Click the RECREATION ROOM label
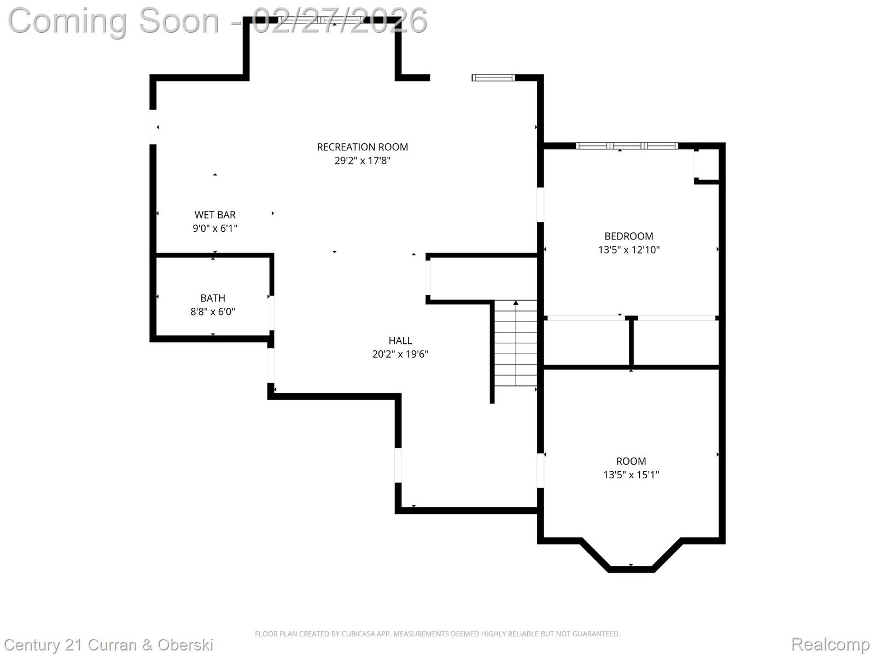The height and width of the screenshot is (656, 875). (363, 147)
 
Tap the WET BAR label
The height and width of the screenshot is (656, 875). (215, 215)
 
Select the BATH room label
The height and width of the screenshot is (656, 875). (213, 298)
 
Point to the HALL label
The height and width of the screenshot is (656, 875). (400, 341)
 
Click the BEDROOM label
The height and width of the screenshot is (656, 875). (629, 236)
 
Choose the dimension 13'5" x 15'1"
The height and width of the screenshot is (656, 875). (631, 475)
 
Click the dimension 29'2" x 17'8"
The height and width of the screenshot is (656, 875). (363, 161)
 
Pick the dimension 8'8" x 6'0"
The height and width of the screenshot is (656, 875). (213, 312)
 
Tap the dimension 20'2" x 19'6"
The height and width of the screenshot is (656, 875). (400, 354)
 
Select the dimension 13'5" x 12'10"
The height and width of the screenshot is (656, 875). (629, 250)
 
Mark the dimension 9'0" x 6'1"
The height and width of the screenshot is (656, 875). (215, 228)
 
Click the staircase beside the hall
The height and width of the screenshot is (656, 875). (516, 343)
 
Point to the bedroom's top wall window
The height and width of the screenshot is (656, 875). (627, 146)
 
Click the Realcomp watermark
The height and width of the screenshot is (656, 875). (830, 643)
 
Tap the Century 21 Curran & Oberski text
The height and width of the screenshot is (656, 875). (108, 645)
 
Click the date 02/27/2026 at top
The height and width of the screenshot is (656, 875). (340, 21)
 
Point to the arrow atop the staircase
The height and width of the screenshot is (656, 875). (516, 303)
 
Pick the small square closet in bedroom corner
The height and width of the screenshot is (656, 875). (707, 164)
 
